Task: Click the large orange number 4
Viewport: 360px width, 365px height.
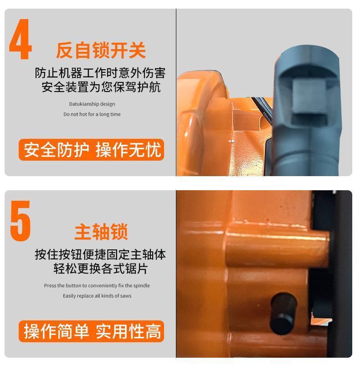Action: click(21, 40)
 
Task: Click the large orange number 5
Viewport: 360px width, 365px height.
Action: click(21, 221)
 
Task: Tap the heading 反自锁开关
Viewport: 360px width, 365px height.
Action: click(101, 50)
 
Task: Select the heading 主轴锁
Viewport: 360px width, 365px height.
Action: click(101, 231)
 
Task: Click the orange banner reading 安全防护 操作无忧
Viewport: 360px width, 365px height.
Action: click(92, 150)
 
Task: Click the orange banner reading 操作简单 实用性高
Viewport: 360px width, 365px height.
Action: click(92, 331)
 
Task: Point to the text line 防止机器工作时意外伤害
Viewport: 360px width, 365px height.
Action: click(100, 73)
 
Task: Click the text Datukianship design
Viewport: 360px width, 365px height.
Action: click(92, 104)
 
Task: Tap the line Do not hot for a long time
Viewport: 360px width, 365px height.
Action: click(92, 114)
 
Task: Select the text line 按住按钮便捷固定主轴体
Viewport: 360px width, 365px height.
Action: click(100, 254)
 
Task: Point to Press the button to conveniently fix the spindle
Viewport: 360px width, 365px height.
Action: click(97, 285)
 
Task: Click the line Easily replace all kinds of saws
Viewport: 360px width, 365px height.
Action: click(97, 296)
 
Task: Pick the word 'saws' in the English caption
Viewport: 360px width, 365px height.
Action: click(126, 296)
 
